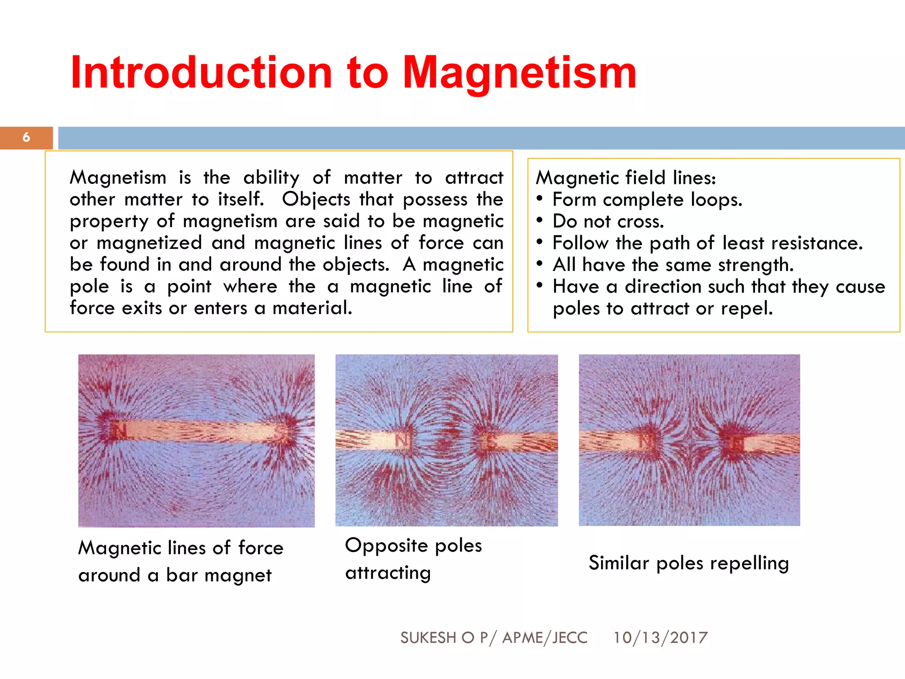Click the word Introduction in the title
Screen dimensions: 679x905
[201, 73]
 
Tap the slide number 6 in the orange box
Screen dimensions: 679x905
[27, 137]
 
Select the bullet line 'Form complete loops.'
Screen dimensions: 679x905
[647, 200]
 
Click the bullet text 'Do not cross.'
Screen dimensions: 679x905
[608, 221]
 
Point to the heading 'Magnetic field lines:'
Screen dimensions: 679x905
[626, 178]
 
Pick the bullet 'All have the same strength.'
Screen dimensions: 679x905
[673, 265]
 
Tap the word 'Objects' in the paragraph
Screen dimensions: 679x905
[316, 200]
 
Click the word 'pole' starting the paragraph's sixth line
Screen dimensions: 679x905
[89, 287]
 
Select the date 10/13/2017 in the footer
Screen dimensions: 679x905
[660, 637]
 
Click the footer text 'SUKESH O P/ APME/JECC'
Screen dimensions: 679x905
[494, 637]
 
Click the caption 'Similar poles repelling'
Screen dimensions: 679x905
[688, 563]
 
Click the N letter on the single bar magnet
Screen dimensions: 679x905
[118, 431]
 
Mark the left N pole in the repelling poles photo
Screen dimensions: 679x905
[646, 441]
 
